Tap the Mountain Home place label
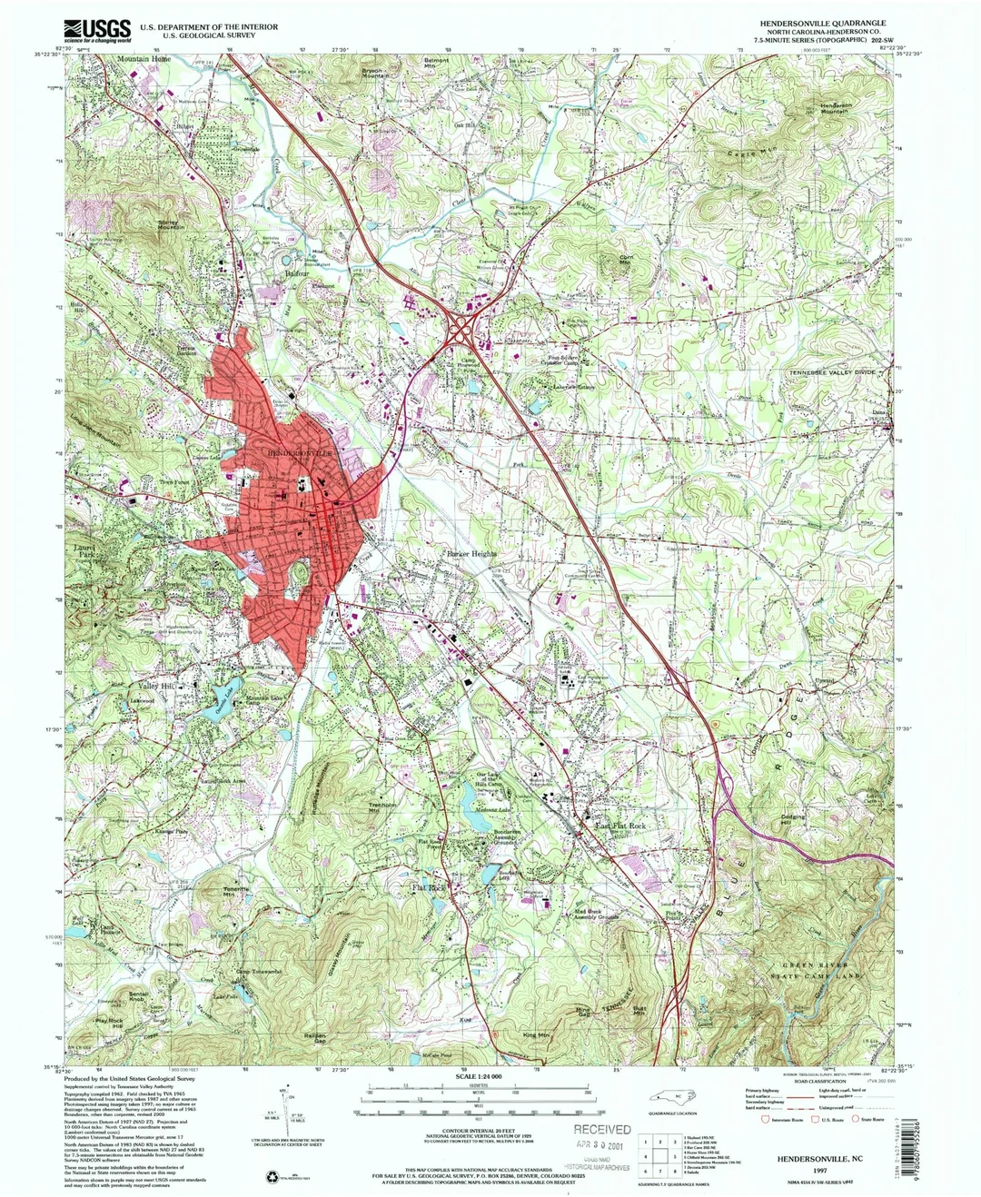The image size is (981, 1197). coord(144,58)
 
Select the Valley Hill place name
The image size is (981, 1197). coord(156,687)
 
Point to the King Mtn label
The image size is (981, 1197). coord(537,1034)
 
